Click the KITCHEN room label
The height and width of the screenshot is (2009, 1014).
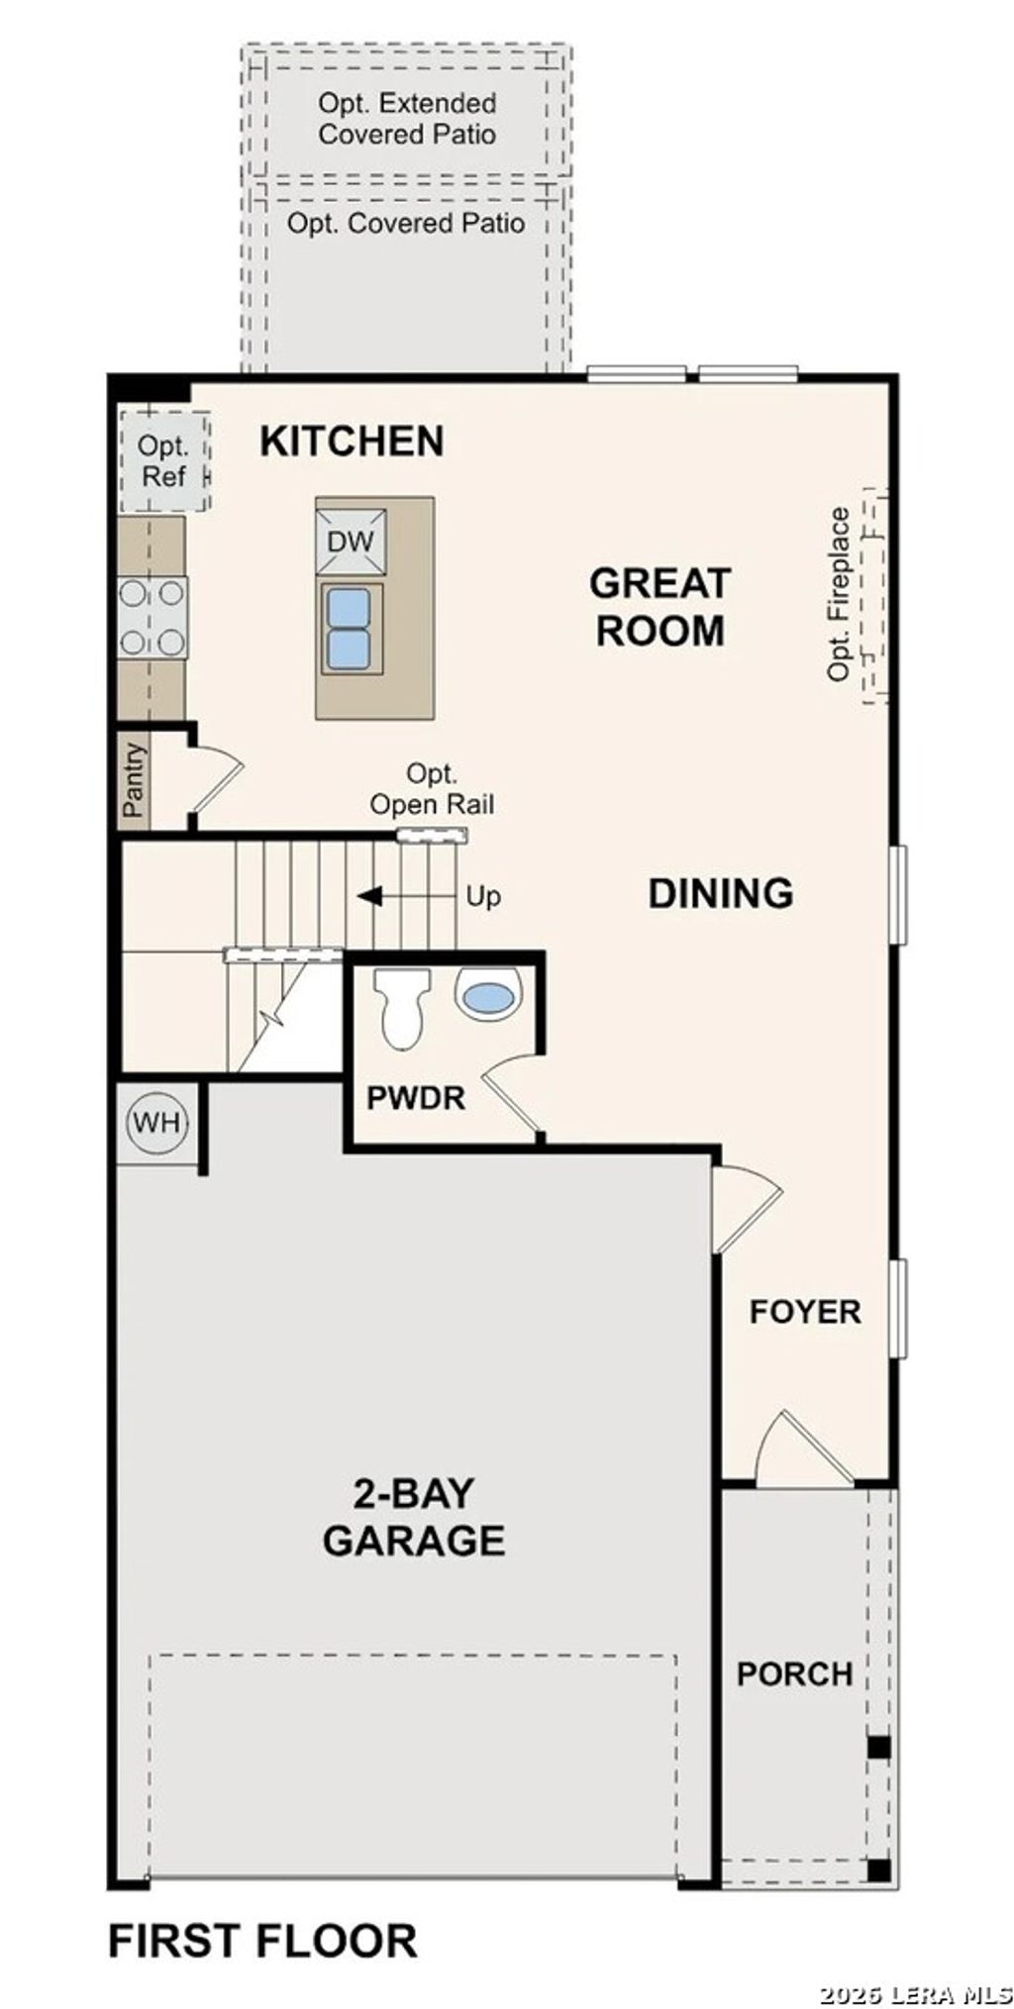[352, 441]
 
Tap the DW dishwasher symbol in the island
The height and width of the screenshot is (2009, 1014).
[351, 541]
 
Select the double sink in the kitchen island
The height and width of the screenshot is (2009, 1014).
[350, 629]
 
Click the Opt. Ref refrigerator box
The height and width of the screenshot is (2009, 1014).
[163, 461]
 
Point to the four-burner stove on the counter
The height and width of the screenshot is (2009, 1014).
[152, 618]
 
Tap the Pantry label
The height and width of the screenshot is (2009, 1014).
[134, 780]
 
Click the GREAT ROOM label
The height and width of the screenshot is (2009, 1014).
[659, 607]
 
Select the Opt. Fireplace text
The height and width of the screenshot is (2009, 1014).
[839, 593]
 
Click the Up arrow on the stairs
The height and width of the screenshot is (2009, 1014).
[371, 897]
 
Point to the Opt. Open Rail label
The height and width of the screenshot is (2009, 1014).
[432, 789]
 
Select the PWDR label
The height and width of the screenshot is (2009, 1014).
[415, 1097]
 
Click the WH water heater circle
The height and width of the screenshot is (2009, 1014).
[156, 1123]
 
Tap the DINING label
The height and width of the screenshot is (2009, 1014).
[720, 893]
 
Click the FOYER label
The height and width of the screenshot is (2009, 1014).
[804, 1312]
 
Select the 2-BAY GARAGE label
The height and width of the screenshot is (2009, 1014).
[414, 1517]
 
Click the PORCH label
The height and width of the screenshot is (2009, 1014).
[794, 1674]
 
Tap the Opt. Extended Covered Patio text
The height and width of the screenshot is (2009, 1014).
[407, 119]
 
